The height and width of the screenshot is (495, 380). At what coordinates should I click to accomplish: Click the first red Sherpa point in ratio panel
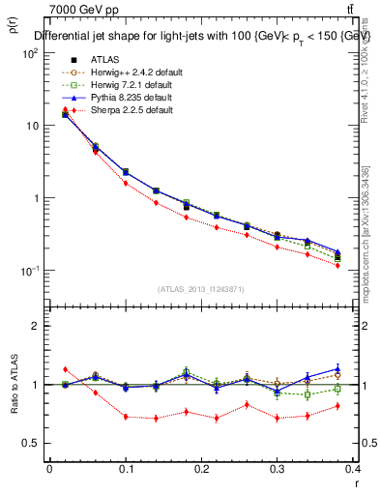coord(65,369)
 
